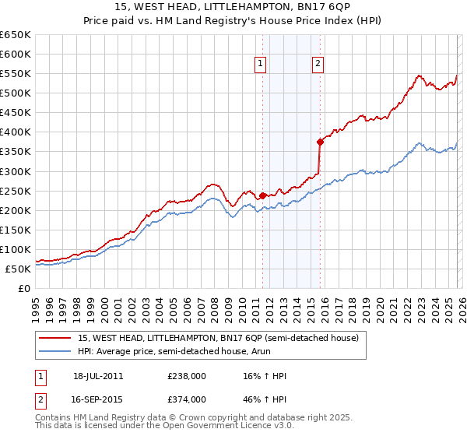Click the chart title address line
pyautogui.click(x=233, y=7)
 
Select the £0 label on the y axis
pyautogui.click(x=23, y=289)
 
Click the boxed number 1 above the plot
pyautogui.click(x=260, y=65)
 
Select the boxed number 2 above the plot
pyautogui.click(x=318, y=65)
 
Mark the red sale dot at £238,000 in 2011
pyautogui.click(x=263, y=195)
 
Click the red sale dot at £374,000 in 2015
pyautogui.click(x=320, y=142)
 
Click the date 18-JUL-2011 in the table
pyautogui.click(x=98, y=376)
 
